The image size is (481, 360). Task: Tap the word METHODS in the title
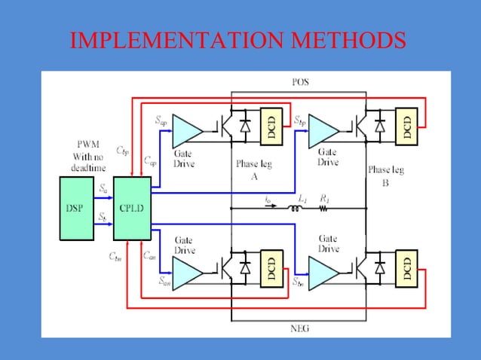coord(348,41)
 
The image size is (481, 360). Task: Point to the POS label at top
coord(299,81)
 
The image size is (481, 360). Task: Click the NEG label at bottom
coord(299,328)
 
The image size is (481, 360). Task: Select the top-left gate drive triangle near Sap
coord(187,130)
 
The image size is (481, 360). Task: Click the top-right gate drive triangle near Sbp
coord(323,130)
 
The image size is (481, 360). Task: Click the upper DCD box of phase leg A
coord(269,127)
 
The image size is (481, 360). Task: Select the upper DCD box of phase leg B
coord(407,127)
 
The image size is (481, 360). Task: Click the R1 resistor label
coord(324,197)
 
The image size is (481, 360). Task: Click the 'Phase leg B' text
coord(385,175)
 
